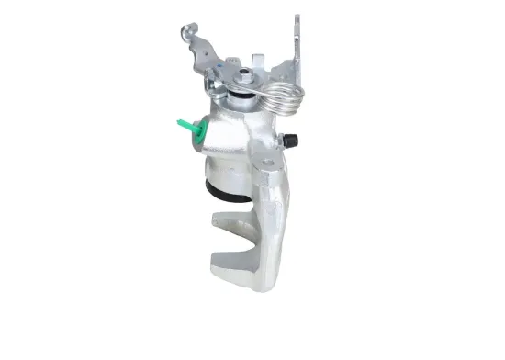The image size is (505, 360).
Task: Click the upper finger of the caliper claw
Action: click(x=226, y=220)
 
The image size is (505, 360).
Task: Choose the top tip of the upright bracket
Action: click(x=297, y=17)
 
